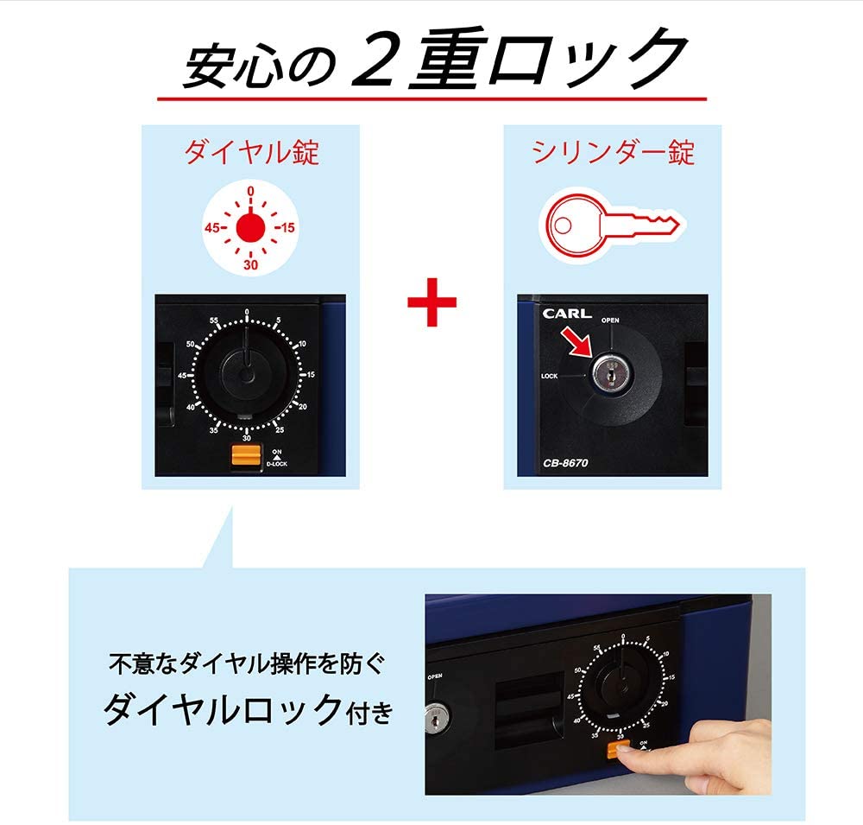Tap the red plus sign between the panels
[432, 302]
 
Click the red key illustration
[611, 226]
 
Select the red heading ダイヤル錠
[251, 151]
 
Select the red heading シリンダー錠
[613, 151]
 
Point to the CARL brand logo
[567, 314]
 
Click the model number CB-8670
[565, 463]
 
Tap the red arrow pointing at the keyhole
[575, 342]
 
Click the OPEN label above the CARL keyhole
[610, 320]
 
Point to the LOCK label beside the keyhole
[549, 376]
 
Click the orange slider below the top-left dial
[246, 456]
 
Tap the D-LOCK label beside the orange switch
[277, 464]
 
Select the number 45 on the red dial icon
[212, 227]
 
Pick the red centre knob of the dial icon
[250, 227]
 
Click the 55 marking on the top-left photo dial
[213, 320]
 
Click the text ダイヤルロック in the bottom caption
[223, 710]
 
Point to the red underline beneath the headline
[432, 99]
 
